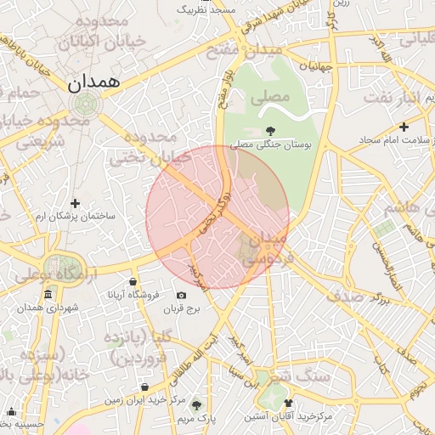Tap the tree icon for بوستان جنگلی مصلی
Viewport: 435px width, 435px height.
(x=270, y=131)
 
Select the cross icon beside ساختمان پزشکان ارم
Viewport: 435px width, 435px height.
(x=76, y=203)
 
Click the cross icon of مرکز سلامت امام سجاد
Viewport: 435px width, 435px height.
(x=404, y=127)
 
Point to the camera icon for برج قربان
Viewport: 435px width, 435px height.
(x=181, y=296)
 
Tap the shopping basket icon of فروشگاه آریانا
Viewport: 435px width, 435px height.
(x=133, y=282)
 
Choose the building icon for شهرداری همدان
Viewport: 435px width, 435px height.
(x=48, y=295)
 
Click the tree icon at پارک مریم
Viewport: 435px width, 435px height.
(x=198, y=406)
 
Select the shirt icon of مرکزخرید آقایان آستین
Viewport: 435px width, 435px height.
(x=288, y=404)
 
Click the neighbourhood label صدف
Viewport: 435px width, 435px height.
(x=368, y=296)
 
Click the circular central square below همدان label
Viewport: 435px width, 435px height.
(x=84, y=105)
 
